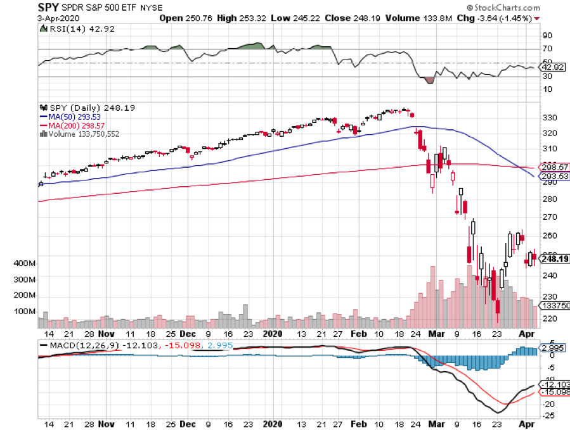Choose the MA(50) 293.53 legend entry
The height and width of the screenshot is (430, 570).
72,117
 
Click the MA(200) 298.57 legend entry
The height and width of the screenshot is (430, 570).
74,125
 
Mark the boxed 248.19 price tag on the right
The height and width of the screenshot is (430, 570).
554,258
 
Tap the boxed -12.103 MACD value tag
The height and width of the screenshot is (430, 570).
555,385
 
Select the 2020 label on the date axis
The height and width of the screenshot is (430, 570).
272,333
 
